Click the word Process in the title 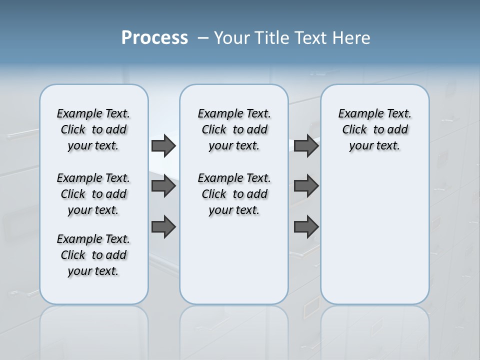(154, 38)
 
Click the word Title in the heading (270, 38)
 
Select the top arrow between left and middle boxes (163, 145)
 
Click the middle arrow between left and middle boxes (163, 186)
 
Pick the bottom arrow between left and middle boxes (163, 226)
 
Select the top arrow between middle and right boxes (306, 145)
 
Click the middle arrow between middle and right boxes (306, 186)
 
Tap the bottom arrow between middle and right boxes (306, 226)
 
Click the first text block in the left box (93, 129)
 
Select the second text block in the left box (93, 194)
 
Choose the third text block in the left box (93, 255)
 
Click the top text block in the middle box (234, 129)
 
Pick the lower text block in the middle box (234, 194)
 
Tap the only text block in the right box (374, 129)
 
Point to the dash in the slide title (203, 38)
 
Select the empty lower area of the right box (374, 235)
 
